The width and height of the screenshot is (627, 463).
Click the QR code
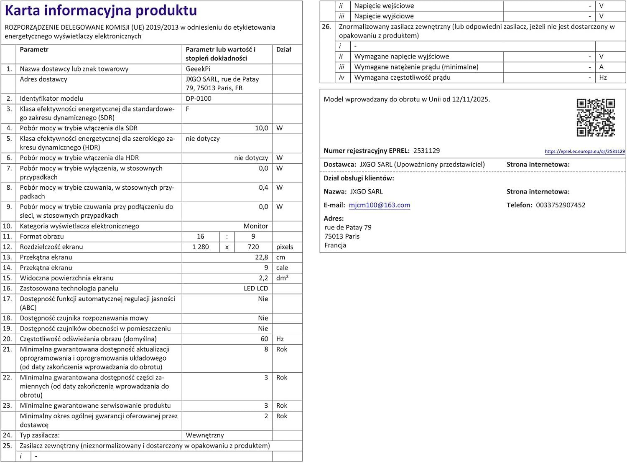click(x=596, y=117)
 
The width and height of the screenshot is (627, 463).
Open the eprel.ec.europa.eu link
click(x=584, y=152)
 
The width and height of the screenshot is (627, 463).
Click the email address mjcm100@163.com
click(x=379, y=205)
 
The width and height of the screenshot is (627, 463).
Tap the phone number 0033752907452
click(x=561, y=205)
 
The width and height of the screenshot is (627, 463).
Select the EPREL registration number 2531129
click(x=426, y=151)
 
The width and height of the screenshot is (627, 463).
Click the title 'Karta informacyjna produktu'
click(x=101, y=10)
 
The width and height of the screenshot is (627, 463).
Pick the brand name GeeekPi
click(x=198, y=69)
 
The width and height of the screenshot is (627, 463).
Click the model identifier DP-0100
click(x=199, y=99)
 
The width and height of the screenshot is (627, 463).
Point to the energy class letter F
click(x=188, y=109)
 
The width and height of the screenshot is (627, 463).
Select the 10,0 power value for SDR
click(x=262, y=128)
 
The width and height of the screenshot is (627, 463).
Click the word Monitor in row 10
click(x=256, y=226)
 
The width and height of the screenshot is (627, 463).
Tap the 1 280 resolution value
click(x=201, y=247)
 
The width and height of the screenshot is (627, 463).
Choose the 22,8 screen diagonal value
click(x=262, y=257)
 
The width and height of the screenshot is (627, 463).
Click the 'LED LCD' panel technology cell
click(x=256, y=288)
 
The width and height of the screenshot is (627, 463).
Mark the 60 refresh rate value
click(x=264, y=339)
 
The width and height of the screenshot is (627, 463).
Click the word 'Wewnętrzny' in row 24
click(x=205, y=435)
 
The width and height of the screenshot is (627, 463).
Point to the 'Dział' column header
click(x=283, y=50)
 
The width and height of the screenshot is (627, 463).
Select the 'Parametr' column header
click(x=34, y=50)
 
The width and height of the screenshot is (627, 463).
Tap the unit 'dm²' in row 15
click(x=282, y=278)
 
